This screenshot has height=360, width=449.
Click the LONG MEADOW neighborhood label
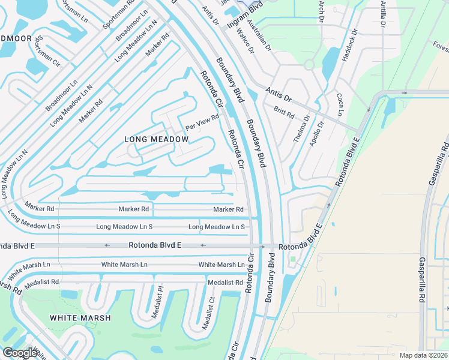[156, 139]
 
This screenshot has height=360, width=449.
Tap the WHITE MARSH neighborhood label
[80, 318]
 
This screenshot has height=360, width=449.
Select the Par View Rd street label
[202, 122]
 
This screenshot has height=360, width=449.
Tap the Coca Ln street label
[340, 105]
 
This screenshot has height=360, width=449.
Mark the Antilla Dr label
[383, 14]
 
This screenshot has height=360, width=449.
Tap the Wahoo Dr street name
[245, 43]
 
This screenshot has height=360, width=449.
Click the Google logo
[20, 353]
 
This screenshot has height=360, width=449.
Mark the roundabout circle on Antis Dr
[309, 64]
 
